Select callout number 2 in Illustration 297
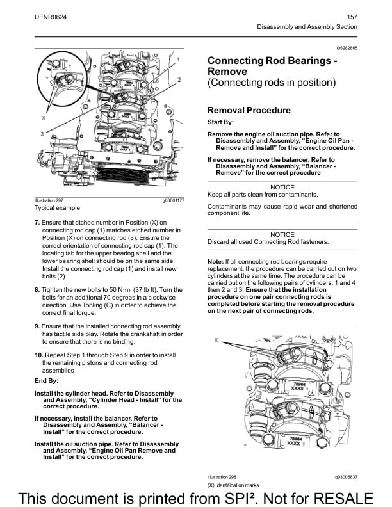click(x=179, y=80)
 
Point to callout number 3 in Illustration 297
click(x=42, y=134)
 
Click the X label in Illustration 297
click(x=44, y=118)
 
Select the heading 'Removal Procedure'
click(x=249, y=110)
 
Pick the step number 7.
click(x=37, y=223)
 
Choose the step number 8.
click(x=37, y=289)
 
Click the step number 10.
click(x=38, y=354)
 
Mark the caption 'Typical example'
click(x=58, y=208)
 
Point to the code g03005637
click(x=345, y=477)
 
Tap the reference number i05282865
click(x=345, y=49)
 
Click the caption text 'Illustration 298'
click(x=222, y=477)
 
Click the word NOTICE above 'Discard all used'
click(x=282, y=234)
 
